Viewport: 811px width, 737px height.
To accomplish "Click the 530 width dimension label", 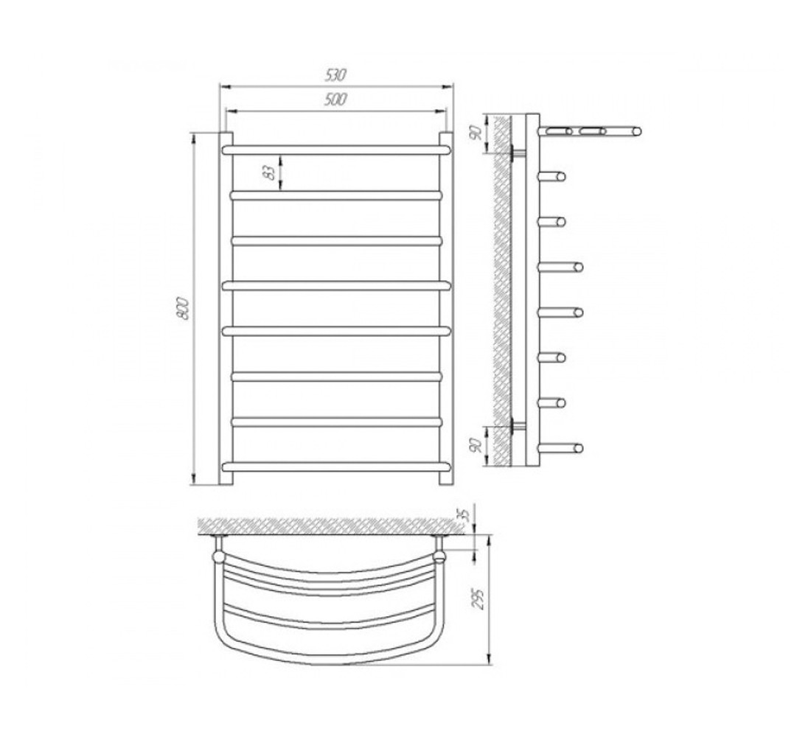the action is coord(335,75).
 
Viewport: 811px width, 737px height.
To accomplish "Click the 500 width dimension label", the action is coord(335,99).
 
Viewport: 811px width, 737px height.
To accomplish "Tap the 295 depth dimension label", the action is coord(480,599).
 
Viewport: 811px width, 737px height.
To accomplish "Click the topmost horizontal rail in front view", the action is coord(336,150).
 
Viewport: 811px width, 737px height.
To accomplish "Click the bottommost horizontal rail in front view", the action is coord(336,467).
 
